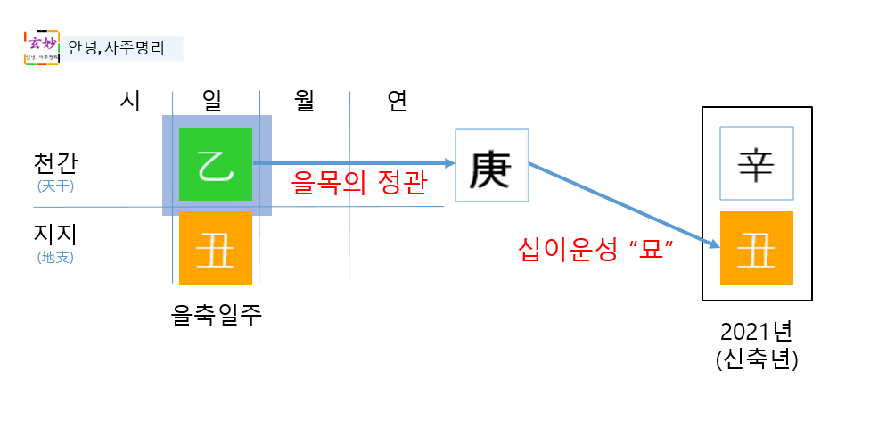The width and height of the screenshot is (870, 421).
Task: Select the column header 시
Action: [130, 102]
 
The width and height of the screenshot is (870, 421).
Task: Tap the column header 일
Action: [215, 102]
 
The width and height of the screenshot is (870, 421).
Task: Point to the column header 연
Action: [397, 102]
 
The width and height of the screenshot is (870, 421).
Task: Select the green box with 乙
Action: [216, 164]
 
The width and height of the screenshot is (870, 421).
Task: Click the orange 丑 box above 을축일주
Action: [216, 249]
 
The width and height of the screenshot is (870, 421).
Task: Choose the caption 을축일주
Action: [216, 314]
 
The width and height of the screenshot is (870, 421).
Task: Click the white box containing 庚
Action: [492, 166]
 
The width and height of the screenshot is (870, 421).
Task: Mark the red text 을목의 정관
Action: [359, 185]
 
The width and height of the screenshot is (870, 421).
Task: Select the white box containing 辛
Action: [756, 165]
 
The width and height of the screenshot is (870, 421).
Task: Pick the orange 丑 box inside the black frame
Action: [756, 248]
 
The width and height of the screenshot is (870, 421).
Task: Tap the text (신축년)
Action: [756, 361]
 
